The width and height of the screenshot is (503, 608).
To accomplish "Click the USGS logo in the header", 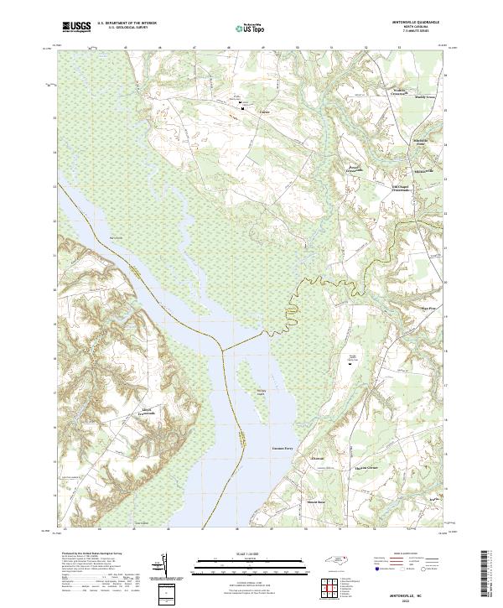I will pos(77,28).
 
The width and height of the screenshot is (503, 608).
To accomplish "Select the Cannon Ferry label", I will pos(283,449).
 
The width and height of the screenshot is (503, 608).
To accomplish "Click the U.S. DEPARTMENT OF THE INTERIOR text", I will pos(127,23).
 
